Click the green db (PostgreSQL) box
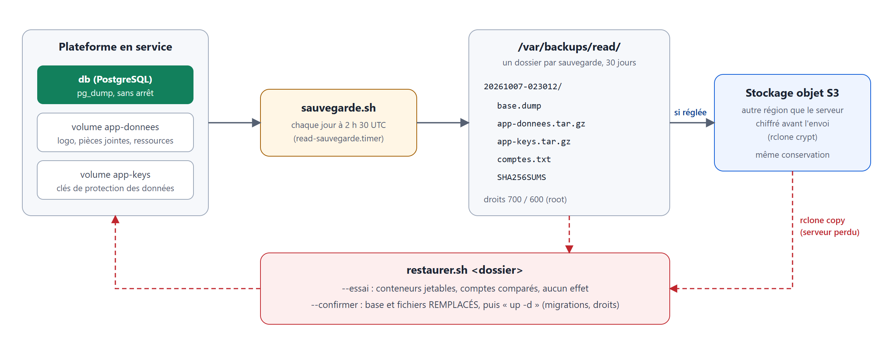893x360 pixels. click(115, 85)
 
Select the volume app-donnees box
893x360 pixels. click(115, 132)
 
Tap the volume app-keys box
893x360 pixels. click(115, 180)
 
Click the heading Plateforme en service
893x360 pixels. click(115, 47)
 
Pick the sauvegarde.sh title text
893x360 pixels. click(339, 108)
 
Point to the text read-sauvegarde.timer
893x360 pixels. click(339, 139)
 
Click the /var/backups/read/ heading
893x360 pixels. click(569, 47)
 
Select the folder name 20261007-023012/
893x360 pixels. click(523, 87)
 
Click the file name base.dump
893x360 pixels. click(519, 106)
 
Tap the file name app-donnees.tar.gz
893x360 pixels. click(541, 124)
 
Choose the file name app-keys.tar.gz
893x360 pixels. click(534, 142)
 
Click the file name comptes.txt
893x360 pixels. click(524, 160)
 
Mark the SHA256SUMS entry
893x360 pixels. click(522, 177)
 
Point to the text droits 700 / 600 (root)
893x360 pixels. click(525, 200)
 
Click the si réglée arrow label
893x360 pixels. click(690, 113)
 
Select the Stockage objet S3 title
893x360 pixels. click(793, 93)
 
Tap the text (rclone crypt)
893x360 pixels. click(793, 137)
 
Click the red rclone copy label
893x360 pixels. click(822, 221)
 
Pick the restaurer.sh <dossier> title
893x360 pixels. click(465, 270)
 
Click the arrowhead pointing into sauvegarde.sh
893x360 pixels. click(256, 123)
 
